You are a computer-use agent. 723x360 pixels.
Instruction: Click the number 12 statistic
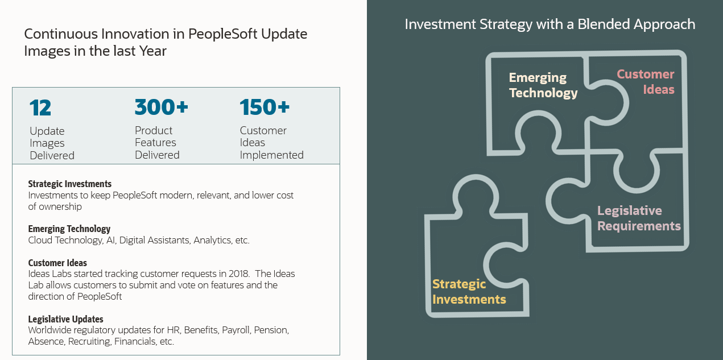click(x=40, y=107)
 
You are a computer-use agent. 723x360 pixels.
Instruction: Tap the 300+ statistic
click(x=161, y=107)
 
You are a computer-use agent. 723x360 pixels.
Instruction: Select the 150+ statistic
click(x=265, y=107)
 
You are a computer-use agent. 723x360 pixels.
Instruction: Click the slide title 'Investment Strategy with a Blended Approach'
click(x=550, y=24)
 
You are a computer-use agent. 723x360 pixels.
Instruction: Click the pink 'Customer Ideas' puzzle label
click(x=646, y=82)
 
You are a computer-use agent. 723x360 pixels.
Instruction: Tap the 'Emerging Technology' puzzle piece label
click(x=543, y=85)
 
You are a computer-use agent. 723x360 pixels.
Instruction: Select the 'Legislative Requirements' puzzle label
click(x=639, y=218)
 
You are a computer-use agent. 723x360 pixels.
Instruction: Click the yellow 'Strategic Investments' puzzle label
click(x=469, y=291)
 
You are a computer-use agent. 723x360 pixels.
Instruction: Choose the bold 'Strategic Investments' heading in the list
click(x=69, y=184)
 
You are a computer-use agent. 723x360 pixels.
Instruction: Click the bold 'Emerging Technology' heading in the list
click(x=69, y=229)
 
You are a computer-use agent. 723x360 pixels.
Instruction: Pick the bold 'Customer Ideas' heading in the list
click(x=57, y=263)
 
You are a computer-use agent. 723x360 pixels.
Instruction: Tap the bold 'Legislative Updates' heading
click(x=65, y=319)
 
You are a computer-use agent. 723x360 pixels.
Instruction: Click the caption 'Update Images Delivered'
click(x=52, y=143)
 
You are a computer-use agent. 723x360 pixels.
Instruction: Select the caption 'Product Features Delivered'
click(x=157, y=143)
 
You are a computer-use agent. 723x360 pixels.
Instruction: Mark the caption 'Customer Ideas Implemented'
click(x=271, y=143)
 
